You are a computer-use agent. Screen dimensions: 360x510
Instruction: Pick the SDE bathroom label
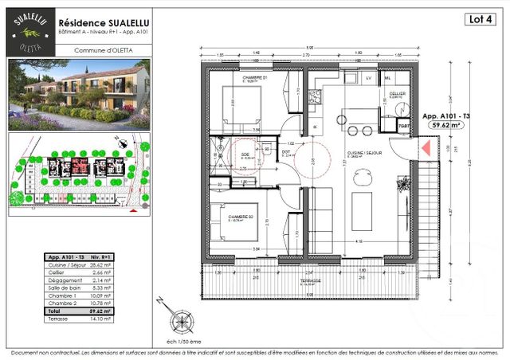coord(245,155)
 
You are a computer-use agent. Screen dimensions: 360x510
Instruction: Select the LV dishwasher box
coord(369,79)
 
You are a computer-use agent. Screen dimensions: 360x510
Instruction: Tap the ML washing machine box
coord(388,79)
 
